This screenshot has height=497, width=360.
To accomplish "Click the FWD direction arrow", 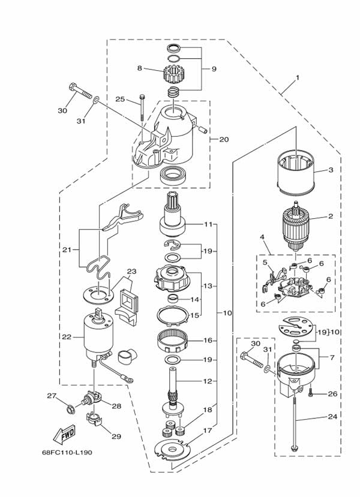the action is coord(64,433).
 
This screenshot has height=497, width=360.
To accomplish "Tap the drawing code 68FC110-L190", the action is coord(67,452).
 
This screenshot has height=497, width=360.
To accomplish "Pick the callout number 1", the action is coord(297,77).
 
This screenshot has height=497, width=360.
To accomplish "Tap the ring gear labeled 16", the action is coord(173,341).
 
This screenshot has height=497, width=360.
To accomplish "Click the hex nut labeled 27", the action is coord(71,409).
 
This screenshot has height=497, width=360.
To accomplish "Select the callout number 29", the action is coord(116,436).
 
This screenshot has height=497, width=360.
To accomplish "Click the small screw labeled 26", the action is coord(311,393).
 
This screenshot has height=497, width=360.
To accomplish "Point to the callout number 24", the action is coord(332,417).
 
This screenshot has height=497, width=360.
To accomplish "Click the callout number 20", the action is coord(224,139).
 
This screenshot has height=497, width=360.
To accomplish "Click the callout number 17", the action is coord(208,430).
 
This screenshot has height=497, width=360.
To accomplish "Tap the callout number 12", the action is coord(208,381).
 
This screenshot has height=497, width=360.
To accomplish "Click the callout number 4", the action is coord(262,237).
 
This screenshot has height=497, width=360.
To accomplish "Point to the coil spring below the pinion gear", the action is coord(173,92).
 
